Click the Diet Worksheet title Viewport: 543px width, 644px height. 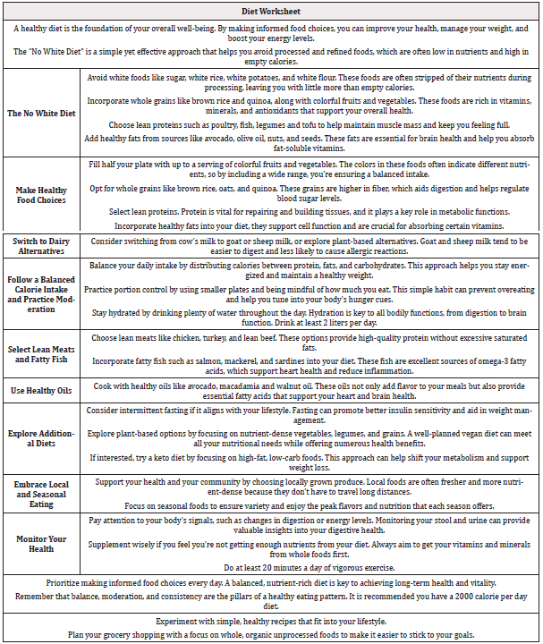tap(271, 11)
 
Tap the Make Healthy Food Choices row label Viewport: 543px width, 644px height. tap(40, 195)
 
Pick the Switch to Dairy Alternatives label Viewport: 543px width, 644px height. tap(40, 247)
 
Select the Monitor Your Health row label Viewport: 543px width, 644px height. tap(40, 543)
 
